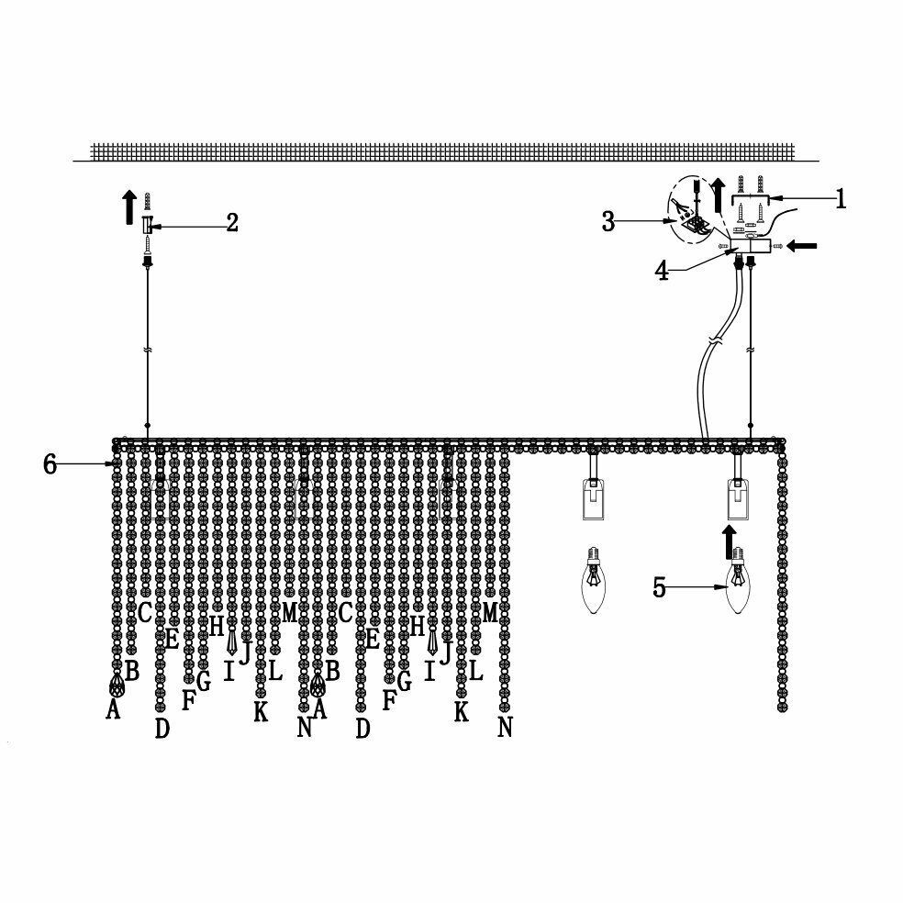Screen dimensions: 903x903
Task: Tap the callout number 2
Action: pyautogui.click(x=232, y=222)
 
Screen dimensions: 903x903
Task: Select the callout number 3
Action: pyautogui.click(x=608, y=221)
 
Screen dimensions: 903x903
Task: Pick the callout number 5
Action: pyautogui.click(x=659, y=587)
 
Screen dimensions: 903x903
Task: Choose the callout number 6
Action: pyautogui.click(x=51, y=464)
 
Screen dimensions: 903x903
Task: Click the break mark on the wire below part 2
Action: pyautogui.click(x=147, y=350)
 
